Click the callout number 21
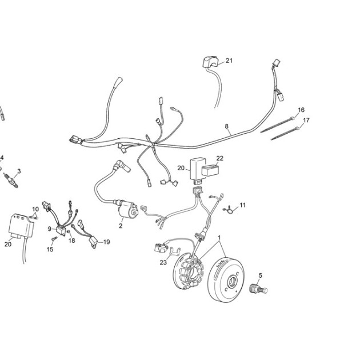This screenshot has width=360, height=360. coord(229,61)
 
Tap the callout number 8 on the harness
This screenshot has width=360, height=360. coord(227,126)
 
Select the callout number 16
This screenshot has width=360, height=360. coord(301,110)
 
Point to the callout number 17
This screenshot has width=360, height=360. coord(306,121)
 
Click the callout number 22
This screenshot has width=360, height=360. coord(220,158)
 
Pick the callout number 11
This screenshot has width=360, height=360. coord(243,205)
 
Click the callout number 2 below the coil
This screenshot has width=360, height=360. coord(121,226)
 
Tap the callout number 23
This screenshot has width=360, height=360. coord(163,262)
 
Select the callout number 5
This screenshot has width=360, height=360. coord(260,275)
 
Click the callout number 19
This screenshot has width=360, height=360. coord(106,242)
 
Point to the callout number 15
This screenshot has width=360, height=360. coord(50,249)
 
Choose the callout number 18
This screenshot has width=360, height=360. coord(72,241)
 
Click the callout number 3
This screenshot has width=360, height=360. coord(19,171)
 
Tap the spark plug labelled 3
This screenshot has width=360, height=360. coord(10,181)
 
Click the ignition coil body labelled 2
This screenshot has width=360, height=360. coord(128,209)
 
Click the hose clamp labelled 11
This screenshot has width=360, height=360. coord(229,209)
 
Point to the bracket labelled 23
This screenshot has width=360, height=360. coord(175,251)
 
